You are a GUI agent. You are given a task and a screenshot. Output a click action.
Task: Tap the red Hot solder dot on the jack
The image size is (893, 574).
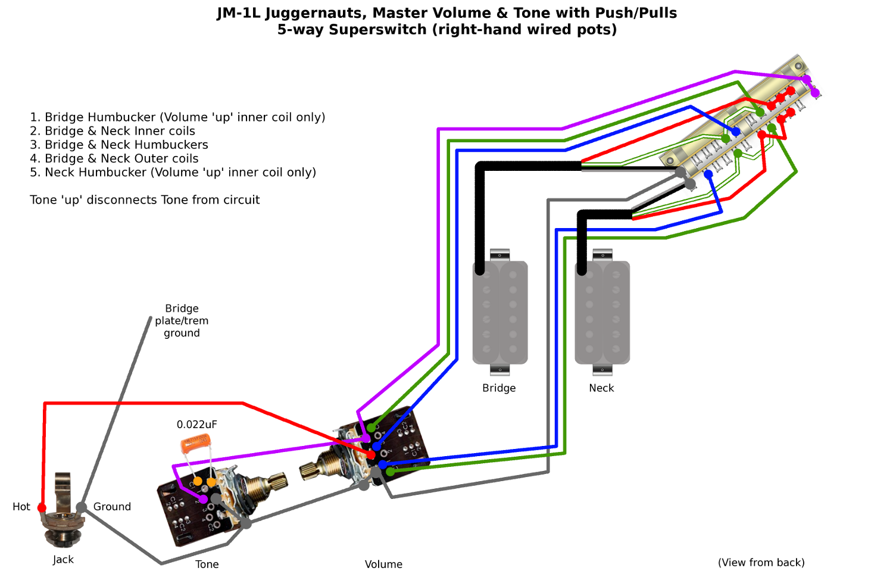pyautogui.click(x=42, y=507)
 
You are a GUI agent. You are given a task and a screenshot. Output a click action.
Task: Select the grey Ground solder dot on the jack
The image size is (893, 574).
pyautogui.click(x=82, y=507)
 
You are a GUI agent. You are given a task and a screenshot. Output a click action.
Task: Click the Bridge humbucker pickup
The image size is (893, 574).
pyautogui.click(x=500, y=312)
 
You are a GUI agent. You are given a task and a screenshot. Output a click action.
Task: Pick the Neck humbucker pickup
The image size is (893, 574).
pyautogui.click(x=602, y=312)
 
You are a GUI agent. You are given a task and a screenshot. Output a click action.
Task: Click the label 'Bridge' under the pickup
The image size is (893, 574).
pyautogui.click(x=499, y=388)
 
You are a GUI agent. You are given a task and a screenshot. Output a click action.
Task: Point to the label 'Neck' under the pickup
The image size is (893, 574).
pyautogui.click(x=601, y=388)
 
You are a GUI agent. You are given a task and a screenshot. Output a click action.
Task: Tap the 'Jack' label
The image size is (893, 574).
pyautogui.click(x=63, y=560)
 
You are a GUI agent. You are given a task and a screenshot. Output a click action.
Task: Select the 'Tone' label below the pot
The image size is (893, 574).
pyautogui.click(x=207, y=564)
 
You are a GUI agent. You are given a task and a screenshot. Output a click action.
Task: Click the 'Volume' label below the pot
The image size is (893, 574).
pyautogui.click(x=383, y=564)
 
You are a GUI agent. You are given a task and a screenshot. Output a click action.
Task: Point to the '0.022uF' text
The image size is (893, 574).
pyautogui.click(x=196, y=425)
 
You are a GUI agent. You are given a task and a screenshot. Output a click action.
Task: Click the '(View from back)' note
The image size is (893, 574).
pyautogui.click(x=761, y=563)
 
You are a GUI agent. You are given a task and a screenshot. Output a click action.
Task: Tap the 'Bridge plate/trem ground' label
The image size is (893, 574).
pyautogui.click(x=182, y=321)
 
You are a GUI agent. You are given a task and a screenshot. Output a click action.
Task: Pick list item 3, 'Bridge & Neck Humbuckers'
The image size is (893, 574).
pyautogui.click(x=119, y=145)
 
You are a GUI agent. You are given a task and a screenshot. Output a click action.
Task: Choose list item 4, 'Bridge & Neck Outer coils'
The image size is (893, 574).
pyautogui.click(x=114, y=158)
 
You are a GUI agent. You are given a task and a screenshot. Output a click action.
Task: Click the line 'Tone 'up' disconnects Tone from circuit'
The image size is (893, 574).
pyautogui.click(x=145, y=200)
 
